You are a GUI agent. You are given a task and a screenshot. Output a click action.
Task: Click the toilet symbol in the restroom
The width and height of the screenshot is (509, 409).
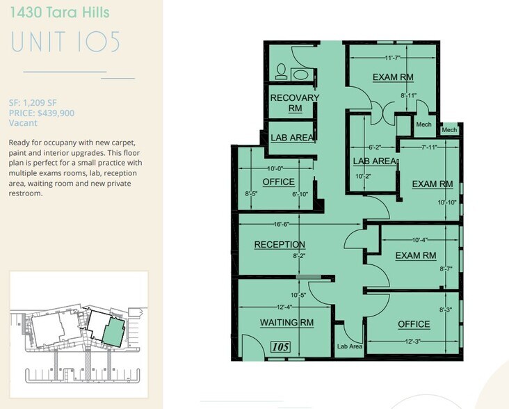point(281,72)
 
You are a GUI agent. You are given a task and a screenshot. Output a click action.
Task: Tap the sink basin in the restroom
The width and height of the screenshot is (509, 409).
point(300,74)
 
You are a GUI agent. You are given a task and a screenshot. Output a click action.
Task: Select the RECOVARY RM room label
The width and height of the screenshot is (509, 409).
point(295,103)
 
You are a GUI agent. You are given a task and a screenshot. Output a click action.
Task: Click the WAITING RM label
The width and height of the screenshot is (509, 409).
point(287,323)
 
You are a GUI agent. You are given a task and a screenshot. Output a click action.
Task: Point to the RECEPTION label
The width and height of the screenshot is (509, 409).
point(280,244)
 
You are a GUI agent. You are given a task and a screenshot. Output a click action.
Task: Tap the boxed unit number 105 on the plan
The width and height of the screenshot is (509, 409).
point(280,347)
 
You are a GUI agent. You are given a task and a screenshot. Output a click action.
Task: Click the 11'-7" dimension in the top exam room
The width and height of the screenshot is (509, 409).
point(392,58)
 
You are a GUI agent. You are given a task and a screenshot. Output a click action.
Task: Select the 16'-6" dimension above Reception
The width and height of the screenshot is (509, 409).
point(281,224)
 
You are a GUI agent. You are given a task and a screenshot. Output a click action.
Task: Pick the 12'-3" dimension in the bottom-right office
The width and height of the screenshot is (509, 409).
point(413,341)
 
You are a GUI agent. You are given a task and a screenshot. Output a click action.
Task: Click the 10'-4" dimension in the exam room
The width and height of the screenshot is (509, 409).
point(420,240)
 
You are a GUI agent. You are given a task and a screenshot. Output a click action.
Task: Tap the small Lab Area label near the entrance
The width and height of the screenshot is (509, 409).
point(350,346)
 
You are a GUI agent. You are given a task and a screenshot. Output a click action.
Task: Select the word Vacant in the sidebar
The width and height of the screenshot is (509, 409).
point(23,123)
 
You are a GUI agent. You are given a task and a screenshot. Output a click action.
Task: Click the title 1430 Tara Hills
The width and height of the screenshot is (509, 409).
point(60,13)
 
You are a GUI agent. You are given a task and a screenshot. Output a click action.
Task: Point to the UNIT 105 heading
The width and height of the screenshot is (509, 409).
point(66,42)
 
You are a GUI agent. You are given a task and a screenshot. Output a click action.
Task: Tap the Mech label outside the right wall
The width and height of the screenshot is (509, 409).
point(449,130)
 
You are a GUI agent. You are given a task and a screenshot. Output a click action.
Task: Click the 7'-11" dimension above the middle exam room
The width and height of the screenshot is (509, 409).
point(429,147)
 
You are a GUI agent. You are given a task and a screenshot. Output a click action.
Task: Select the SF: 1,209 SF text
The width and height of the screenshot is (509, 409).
point(33,103)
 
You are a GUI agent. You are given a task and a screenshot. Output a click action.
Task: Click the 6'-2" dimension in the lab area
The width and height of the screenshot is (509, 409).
point(375,147)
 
